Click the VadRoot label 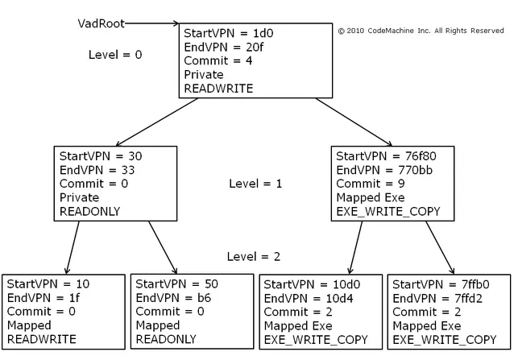point(101,23)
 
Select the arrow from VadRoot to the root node point(153,24)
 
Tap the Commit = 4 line point(218,61)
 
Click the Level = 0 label point(114,55)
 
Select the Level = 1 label point(255,184)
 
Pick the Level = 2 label point(254,256)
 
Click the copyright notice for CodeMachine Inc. point(421,31)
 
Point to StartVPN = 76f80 point(384,156)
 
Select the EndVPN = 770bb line point(382,170)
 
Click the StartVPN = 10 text point(48,284)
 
